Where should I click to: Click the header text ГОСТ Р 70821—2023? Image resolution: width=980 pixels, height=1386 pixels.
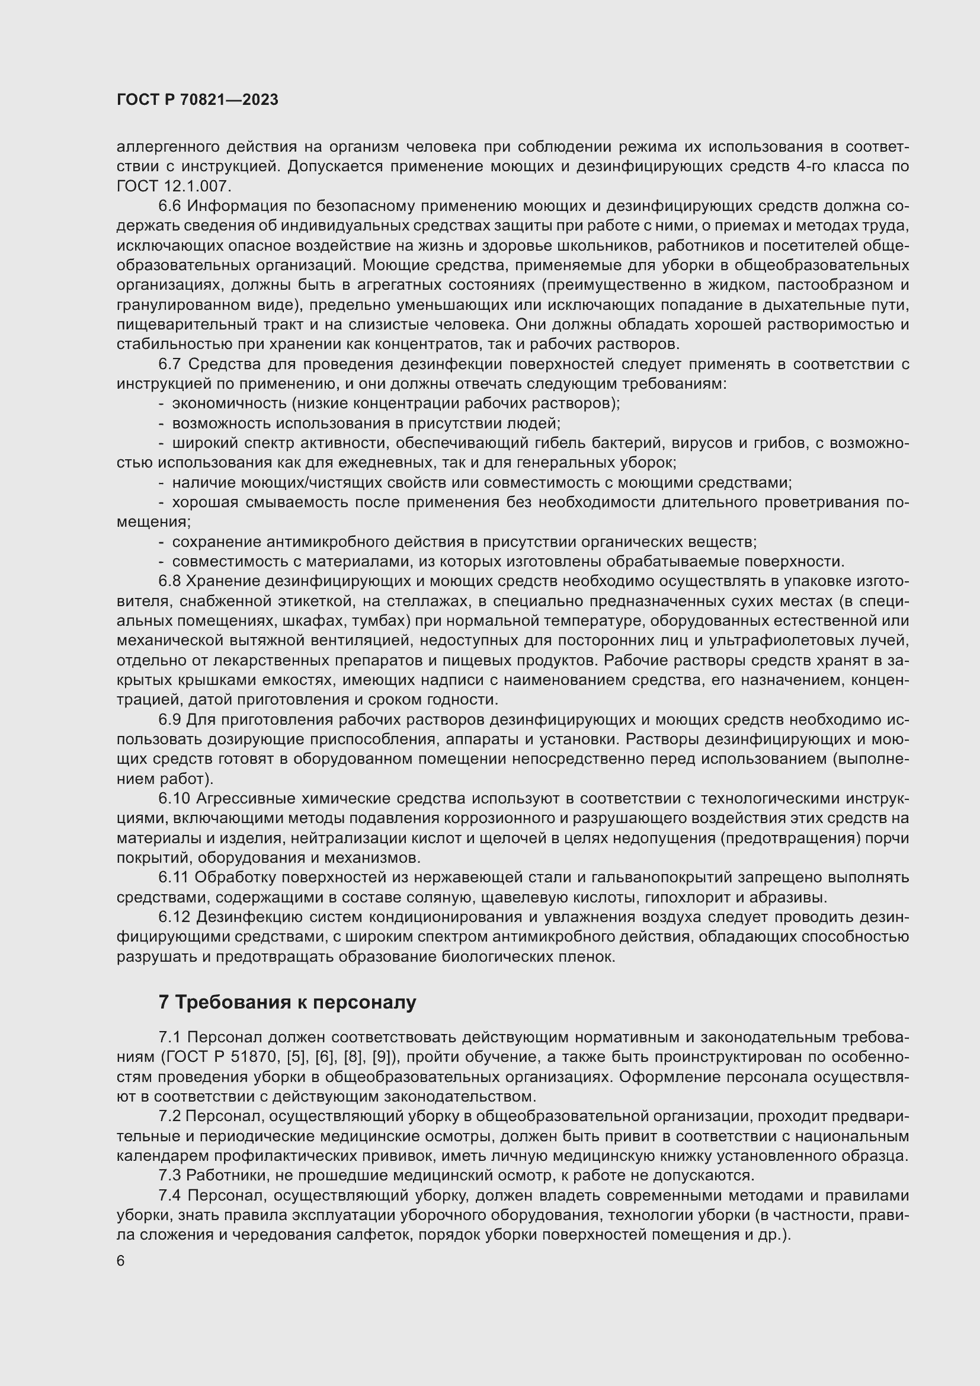click(x=197, y=100)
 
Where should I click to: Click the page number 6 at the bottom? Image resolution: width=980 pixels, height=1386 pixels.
click(x=121, y=1261)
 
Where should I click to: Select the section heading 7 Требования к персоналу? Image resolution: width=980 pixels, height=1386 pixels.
click(x=287, y=1002)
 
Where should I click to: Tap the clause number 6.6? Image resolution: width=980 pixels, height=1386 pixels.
click(x=169, y=206)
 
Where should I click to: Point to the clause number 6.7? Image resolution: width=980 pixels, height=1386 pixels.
click(x=169, y=364)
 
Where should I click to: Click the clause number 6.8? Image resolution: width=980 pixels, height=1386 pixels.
click(x=169, y=581)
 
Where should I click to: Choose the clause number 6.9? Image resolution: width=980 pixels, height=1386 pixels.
click(x=169, y=719)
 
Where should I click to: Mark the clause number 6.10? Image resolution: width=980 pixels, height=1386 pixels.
click(x=174, y=799)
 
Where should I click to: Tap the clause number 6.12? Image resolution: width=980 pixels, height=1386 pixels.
click(x=174, y=917)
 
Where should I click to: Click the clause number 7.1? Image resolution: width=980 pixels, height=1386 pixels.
click(x=169, y=1037)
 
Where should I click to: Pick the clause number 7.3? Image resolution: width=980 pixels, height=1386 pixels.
click(x=169, y=1175)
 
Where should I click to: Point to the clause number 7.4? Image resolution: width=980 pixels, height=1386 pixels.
click(x=169, y=1195)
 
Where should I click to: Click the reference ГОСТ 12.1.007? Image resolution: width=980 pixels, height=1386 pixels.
click(x=174, y=186)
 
